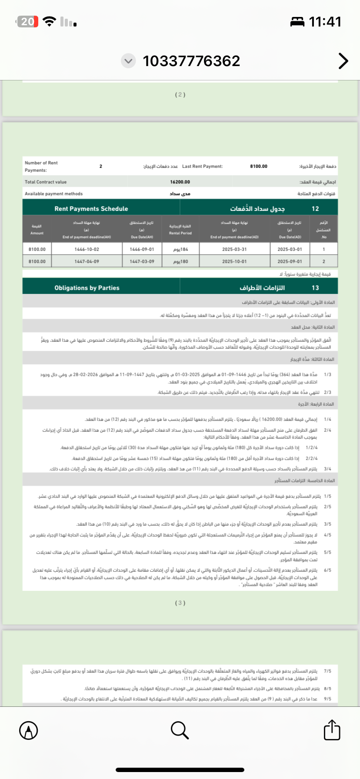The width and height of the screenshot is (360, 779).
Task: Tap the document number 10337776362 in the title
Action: [191, 61]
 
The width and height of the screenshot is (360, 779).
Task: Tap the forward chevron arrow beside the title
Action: [343, 61]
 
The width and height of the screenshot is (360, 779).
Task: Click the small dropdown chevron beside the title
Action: [128, 61]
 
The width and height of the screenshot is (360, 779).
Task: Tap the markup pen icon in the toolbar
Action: [29, 730]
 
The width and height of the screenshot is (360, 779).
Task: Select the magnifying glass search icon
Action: [180, 730]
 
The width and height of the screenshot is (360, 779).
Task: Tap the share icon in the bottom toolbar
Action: [332, 730]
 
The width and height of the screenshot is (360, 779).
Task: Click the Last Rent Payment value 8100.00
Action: [259, 166]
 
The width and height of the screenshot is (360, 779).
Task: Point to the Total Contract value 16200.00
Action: [180, 182]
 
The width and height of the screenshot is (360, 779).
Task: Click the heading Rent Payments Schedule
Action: [91, 209]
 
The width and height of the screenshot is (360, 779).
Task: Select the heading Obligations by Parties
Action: [87, 288]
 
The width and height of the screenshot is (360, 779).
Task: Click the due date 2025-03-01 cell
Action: [290, 250]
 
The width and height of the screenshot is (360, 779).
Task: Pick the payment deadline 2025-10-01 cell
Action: [234, 262]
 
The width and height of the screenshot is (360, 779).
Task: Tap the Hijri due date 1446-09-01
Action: [142, 250]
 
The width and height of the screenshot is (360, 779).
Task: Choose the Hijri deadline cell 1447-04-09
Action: [87, 262]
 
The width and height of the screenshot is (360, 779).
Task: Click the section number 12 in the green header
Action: [315, 209]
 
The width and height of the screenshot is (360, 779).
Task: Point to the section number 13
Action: [315, 288]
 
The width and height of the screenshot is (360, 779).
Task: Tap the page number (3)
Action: [180, 603]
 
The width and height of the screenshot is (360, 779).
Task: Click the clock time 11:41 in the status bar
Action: [325, 22]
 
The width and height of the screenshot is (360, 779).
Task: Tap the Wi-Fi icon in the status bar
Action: [50, 21]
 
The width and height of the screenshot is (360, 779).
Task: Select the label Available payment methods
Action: [53, 194]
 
